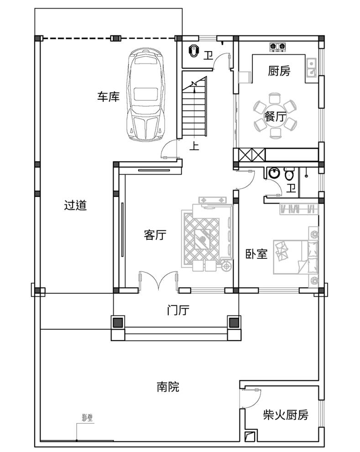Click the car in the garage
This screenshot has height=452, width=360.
pos(146,95)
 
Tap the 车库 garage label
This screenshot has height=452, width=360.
pos(108,97)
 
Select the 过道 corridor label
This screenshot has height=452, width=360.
pos(75,205)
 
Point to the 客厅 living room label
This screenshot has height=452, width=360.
pos(155,235)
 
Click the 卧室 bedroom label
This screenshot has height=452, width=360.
pos(256,254)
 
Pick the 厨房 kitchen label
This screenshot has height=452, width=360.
pos(279,71)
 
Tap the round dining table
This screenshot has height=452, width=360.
pos(275,116)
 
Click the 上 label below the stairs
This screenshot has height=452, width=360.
pos(194,146)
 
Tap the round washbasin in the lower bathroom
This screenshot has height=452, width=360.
pos(274,173)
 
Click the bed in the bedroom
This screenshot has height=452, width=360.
pos(296,257)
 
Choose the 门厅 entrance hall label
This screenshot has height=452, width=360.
pos(178,310)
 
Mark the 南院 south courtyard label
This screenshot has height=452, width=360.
pos(168,387)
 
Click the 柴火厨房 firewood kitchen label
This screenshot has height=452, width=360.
pos(286,415)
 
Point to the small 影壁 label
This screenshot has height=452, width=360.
pos(87,418)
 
